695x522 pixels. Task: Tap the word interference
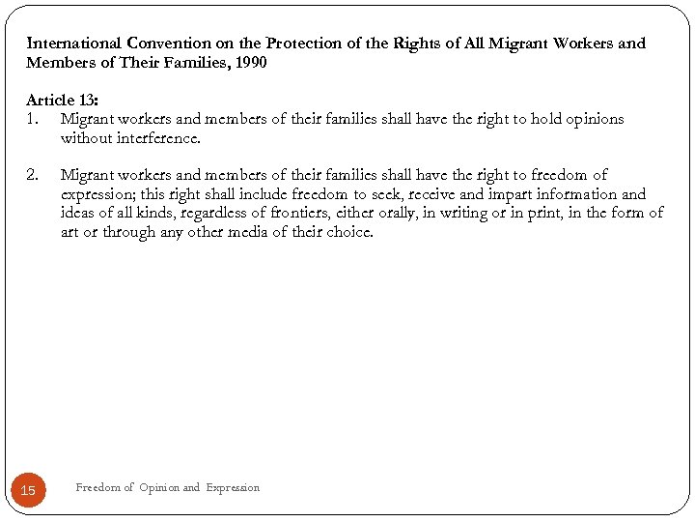click(x=153, y=138)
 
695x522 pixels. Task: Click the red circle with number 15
click(x=28, y=490)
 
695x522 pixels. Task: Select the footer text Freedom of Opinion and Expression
click(x=167, y=488)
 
